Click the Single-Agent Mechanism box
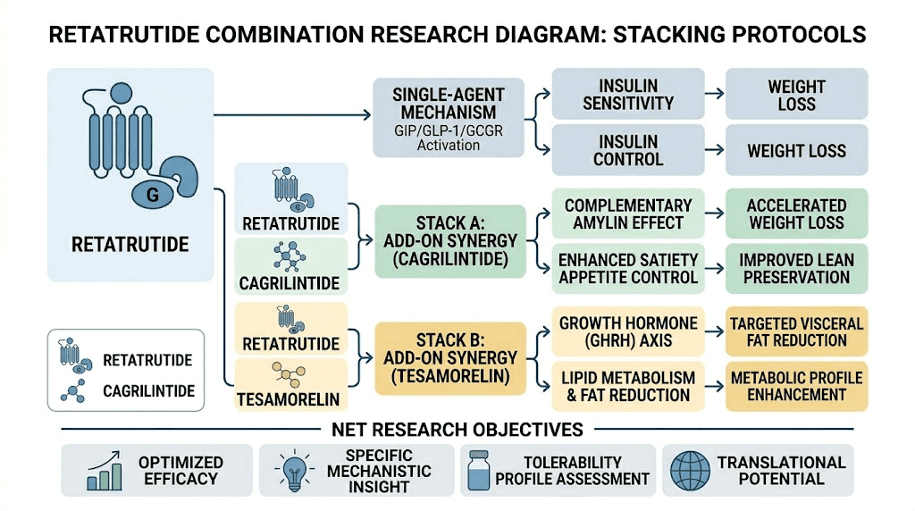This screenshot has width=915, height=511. pyautogui.click(x=448, y=118)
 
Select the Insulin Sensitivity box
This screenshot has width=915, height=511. pyautogui.click(x=627, y=94)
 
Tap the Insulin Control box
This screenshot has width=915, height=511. pyautogui.click(x=627, y=150)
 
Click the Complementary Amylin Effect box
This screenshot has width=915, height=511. pyautogui.click(x=627, y=214)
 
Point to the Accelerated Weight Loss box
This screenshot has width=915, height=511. pyautogui.click(x=796, y=214)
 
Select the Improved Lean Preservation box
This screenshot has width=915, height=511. pyautogui.click(x=796, y=269)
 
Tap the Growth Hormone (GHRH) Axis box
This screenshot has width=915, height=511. pyautogui.click(x=627, y=331)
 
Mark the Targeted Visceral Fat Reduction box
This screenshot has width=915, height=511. pyautogui.click(x=796, y=331)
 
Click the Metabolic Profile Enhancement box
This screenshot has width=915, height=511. pyautogui.click(x=796, y=386)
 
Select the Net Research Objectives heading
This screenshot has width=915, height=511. pyautogui.click(x=457, y=430)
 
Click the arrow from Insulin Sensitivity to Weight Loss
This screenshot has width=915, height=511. pyautogui.click(x=713, y=94)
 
